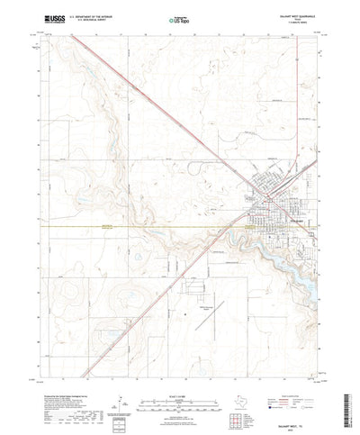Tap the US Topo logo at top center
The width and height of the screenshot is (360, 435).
[176, 18]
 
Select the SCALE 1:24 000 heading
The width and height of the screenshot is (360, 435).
[176, 371]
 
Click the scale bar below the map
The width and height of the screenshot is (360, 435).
[176, 379]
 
